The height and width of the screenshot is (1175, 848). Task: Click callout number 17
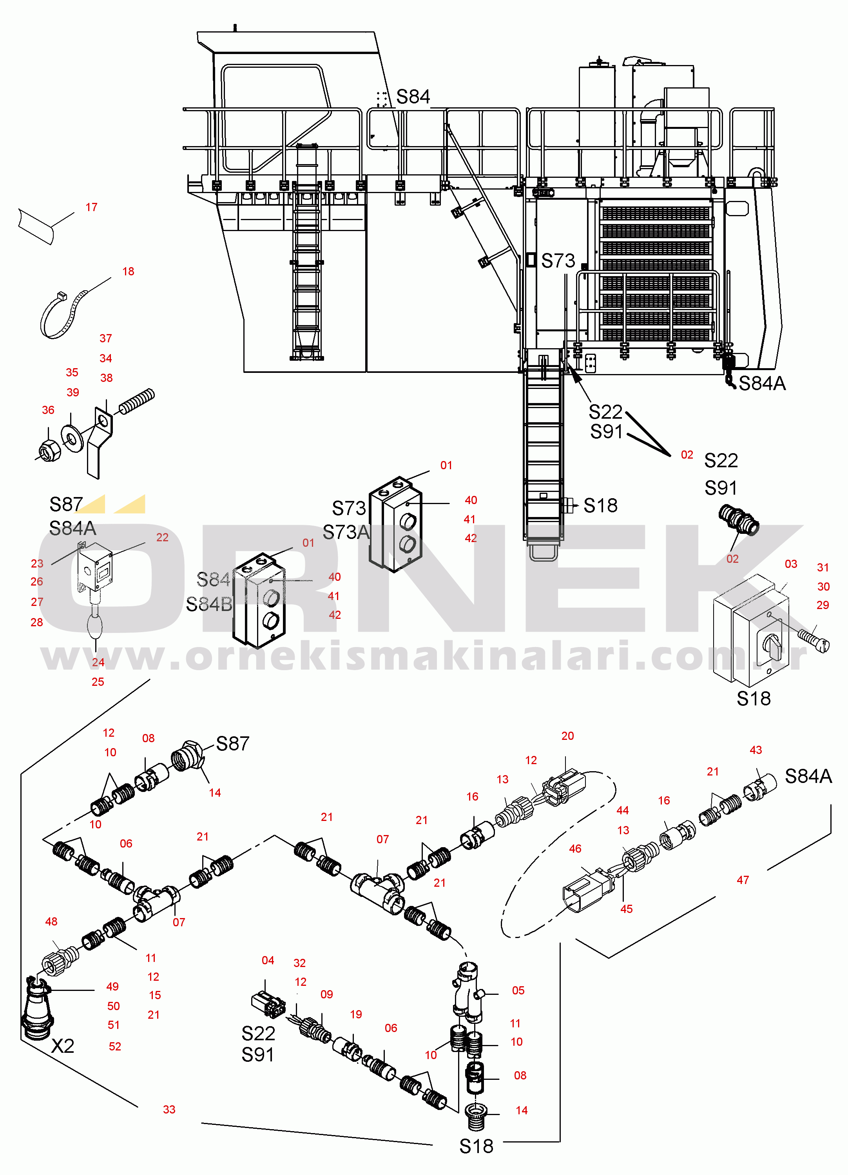(x=92, y=208)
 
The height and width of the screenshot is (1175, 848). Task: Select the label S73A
(x=346, y=532)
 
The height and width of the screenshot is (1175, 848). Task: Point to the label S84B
(x=209, y=604)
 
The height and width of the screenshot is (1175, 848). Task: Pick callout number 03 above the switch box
(x=790, y=564)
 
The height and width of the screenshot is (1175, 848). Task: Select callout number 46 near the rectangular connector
(x=575, y=849)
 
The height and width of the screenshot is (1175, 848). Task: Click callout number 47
(x=743, y=880)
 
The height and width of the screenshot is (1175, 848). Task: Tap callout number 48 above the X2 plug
(x=51, y=922)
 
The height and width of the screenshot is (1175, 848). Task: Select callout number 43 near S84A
(x=756, y=750)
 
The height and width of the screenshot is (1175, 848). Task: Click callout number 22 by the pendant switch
(x=162, y=538)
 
